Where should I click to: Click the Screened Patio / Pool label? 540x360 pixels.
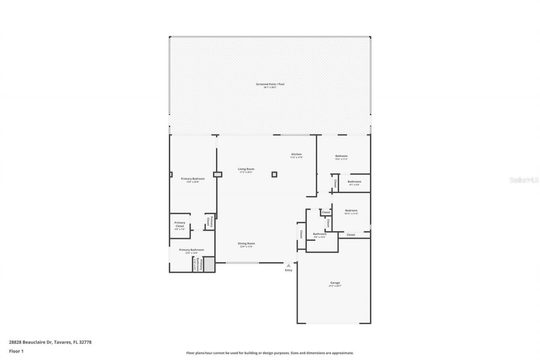click(270, 84)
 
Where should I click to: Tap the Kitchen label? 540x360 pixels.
click(297, 154)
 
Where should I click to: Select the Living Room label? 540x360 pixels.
click(246, 169)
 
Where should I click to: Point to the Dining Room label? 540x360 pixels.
click(247, 243)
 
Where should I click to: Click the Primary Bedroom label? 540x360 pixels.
click(192, 179)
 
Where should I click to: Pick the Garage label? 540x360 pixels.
click(335, 283)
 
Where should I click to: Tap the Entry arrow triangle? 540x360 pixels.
click(289, 265)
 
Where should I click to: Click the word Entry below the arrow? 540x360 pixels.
click(289, 270)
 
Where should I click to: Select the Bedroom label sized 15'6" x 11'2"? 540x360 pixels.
click(341, 156)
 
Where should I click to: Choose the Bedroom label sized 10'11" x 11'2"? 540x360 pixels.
click(351, 210)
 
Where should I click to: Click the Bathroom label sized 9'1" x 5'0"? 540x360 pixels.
click(354, 181)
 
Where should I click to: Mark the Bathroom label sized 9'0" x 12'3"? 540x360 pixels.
click(319, 234)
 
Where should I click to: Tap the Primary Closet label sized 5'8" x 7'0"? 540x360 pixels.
click(180, 224)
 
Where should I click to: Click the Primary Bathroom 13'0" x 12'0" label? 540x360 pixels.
click(191, 250)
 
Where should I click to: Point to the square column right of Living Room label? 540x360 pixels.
click(274, 174)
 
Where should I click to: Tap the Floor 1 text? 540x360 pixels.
click(16, 351)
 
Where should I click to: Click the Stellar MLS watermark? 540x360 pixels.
click(524, 180)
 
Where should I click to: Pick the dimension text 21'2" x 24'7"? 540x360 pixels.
click(335, 286)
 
